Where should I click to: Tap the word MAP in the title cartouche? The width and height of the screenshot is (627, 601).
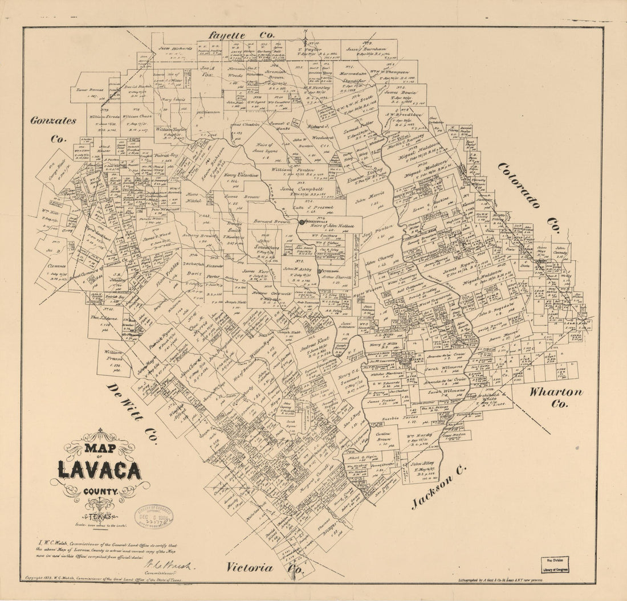tap(100, 448)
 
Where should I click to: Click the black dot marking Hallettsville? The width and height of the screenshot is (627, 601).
tap(302, 222)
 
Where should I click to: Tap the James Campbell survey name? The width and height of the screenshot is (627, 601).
tap(302, 189)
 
